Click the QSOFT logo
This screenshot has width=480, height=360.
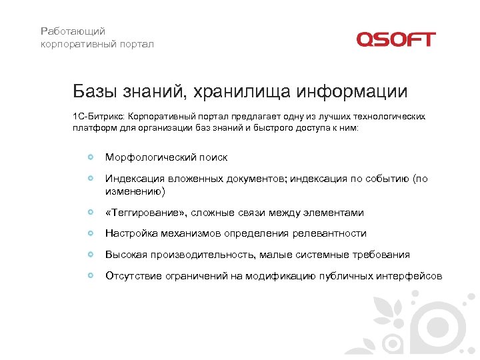click(395, 39)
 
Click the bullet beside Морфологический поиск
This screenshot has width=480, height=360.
click(90, 157)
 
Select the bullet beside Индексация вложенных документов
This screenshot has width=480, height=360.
click(90, 179)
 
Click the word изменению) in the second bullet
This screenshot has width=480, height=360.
click(134, 191)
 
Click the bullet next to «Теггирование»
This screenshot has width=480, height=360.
click(90, 213)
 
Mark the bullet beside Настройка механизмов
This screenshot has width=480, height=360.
click(90, 233)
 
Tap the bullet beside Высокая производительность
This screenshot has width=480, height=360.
click(90, 255)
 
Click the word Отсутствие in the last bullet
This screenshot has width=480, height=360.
click(131, 275)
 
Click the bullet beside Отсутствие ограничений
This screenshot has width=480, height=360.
click(90, 275)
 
